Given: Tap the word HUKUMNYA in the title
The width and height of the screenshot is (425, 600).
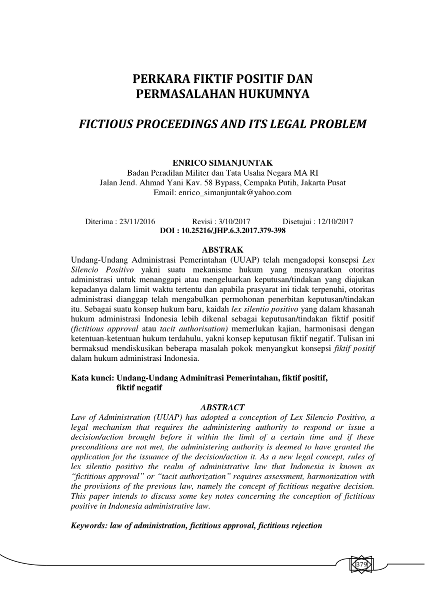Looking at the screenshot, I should [x=271, y=93].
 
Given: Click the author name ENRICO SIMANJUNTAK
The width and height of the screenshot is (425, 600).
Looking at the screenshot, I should [x=222, y=163].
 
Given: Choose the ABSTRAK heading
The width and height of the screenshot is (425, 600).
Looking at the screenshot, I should [x=222, y=249].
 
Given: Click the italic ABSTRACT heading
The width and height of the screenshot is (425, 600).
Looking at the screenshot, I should [x=222, y=407].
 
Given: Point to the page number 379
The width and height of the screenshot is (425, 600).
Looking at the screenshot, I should [x=361, y=565].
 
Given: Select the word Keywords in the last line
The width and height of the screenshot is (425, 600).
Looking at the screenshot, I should [x=88, y=525].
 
